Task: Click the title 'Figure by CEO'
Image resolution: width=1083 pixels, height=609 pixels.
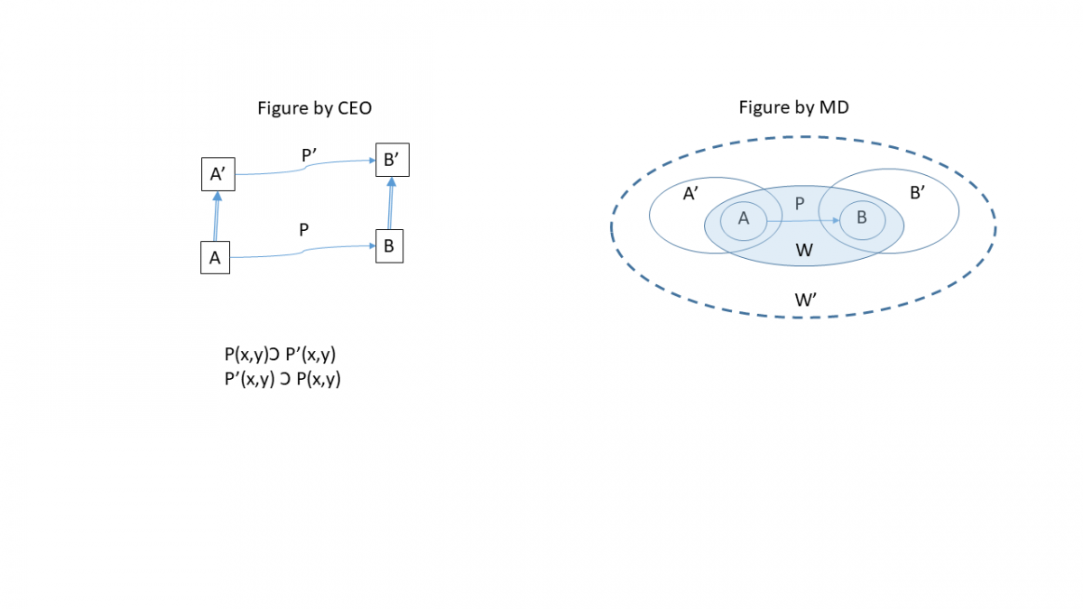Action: point(315,108)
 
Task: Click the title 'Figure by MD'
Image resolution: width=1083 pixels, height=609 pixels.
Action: point(793,108)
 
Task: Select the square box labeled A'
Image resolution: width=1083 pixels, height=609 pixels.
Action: point(218,174)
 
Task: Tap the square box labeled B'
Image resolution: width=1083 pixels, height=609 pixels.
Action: point(392,161)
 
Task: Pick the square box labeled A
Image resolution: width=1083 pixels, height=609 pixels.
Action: point(215,257)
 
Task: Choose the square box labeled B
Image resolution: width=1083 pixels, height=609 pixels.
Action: point(388,245)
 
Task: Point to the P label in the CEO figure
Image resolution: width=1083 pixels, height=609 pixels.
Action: point(304,229)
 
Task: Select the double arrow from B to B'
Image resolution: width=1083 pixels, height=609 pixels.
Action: point(390,204)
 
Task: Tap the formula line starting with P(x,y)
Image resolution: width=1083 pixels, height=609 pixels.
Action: point(286,355)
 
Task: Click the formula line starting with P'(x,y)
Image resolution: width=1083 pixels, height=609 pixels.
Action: point(282,379)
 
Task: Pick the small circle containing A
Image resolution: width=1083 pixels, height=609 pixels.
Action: point(744,217)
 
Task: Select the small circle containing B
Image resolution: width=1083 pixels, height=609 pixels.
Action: point(861,217)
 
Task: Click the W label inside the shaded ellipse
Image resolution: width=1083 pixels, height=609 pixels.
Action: point(805,250)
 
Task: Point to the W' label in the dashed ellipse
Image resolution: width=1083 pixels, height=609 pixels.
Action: point(806,300)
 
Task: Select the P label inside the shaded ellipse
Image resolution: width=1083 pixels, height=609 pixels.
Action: point(799,204)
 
